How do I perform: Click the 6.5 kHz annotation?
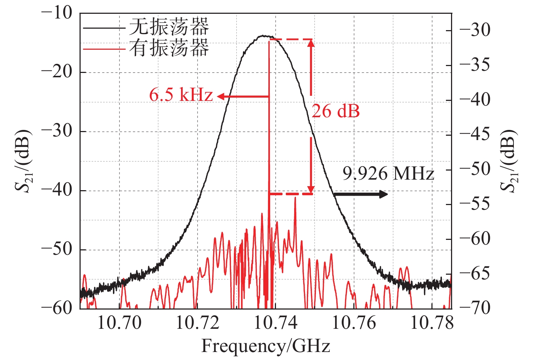point(180,95)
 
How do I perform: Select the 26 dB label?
point(336,111)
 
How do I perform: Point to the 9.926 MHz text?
point(388,174)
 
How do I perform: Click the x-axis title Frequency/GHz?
point(265,346)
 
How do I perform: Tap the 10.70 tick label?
point(119,323)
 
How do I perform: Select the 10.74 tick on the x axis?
point(276,323)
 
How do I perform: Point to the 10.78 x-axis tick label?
point(432,323)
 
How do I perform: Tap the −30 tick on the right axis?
point(475,30)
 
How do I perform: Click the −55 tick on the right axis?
point(475,204)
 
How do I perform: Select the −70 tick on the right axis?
point(475,308)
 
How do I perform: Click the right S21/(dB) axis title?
point(509,161)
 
